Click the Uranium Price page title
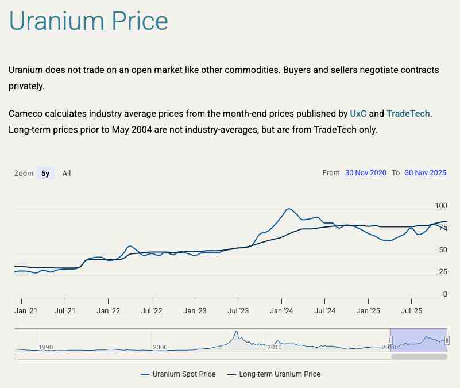pos(88,21)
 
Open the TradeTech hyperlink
pos(408,114)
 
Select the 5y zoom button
pos(45,173)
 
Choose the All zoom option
pos(67,173)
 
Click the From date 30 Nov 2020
pos(366,172)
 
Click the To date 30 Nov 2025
pos(426,172)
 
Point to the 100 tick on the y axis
pos(441,205)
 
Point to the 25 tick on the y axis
pos(443,272)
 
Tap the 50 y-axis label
pos(443,250)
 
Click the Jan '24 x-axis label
pos(281,311)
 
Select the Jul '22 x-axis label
pos(152,311)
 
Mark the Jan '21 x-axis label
pos(26,311)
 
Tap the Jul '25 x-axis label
pos(411,311)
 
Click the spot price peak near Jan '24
pos(288,209)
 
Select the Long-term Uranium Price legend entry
pos(280,374)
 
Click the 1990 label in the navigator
pos(45,347)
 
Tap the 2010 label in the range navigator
pos(275,347)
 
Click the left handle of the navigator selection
pos(390,340)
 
